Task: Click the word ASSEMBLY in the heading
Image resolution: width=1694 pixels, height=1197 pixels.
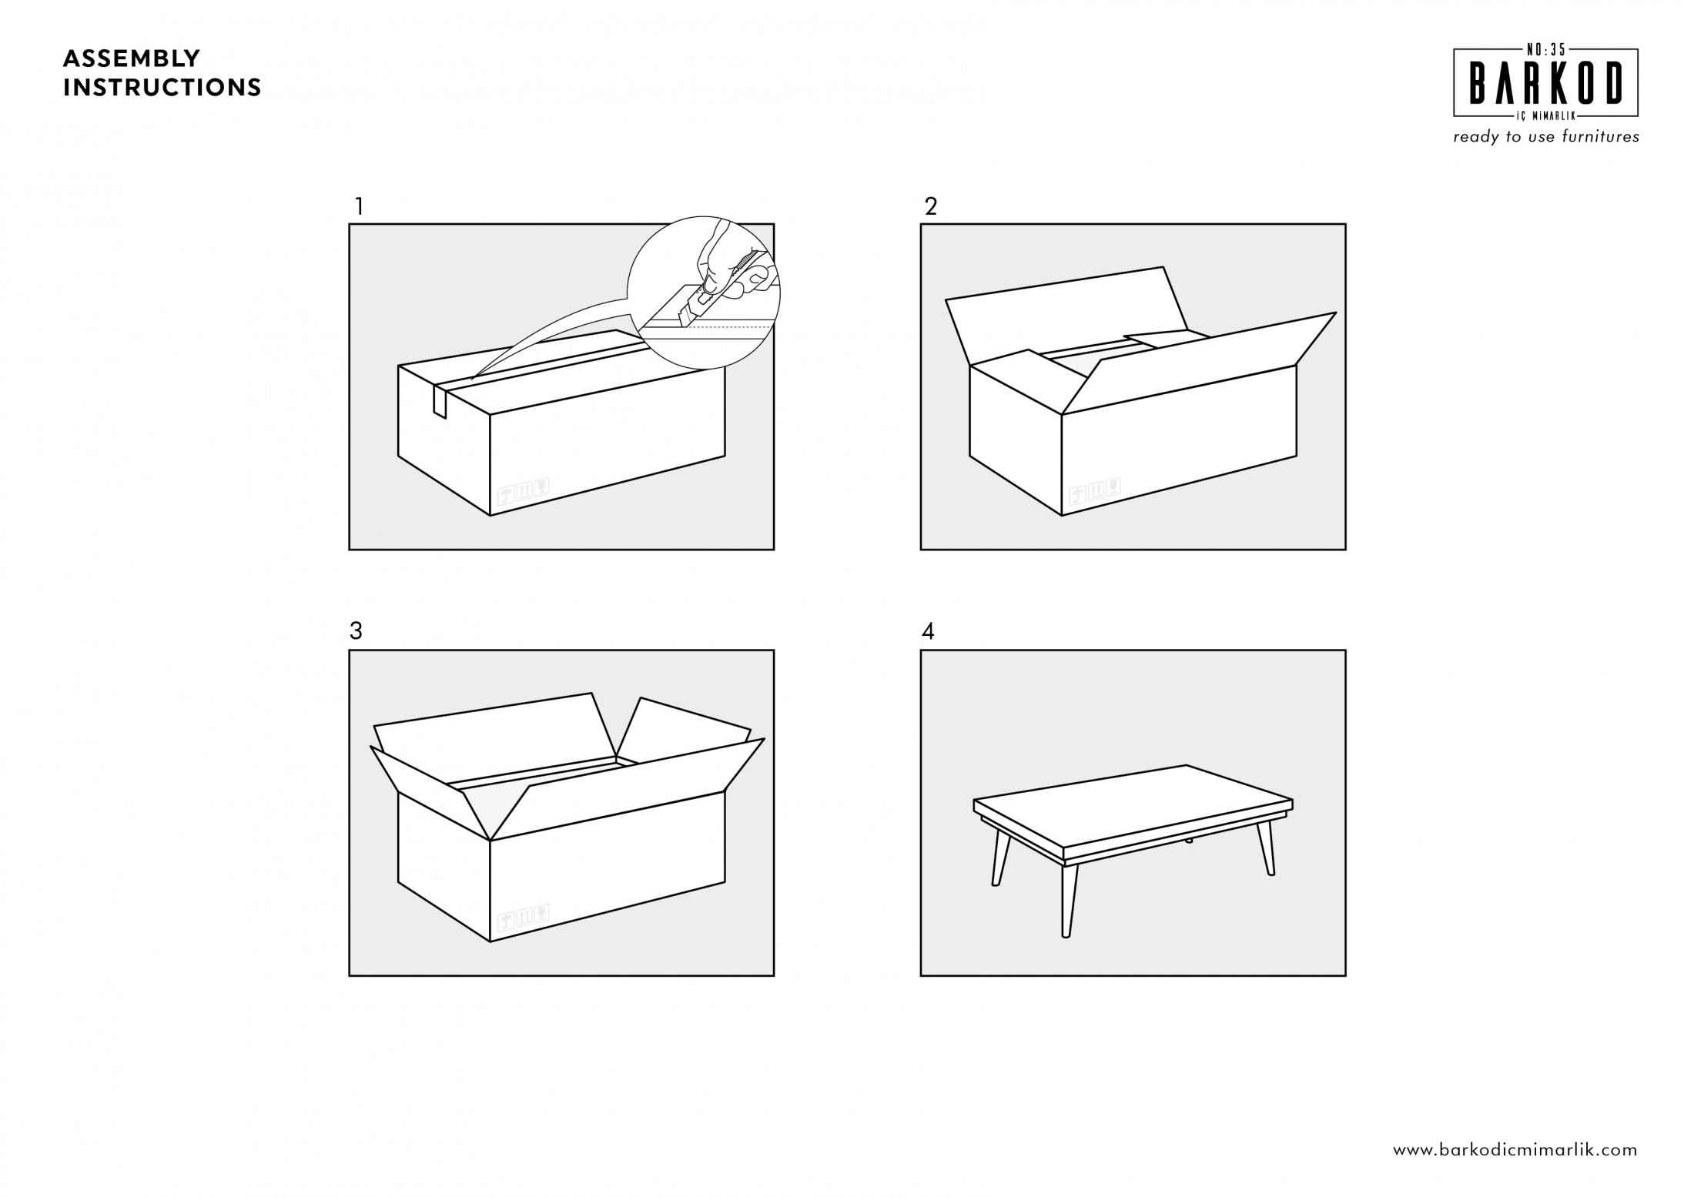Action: click(x=132, y=59)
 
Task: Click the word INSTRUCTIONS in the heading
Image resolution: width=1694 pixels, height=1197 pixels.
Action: click(x=162, y=88)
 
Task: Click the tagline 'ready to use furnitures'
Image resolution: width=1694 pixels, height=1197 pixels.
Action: click(x=1546, y=137)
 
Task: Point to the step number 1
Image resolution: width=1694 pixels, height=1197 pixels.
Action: click(x=358, y=206)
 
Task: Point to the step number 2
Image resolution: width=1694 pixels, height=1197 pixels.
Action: click(x=931, y=206)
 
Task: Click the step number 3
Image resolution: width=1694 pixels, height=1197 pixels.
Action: click(x=356, y=631)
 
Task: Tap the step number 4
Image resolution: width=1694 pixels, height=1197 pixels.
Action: click(x=928, y=631)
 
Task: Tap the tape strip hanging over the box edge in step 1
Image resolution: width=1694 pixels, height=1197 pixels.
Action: click(x=440, y=401)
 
